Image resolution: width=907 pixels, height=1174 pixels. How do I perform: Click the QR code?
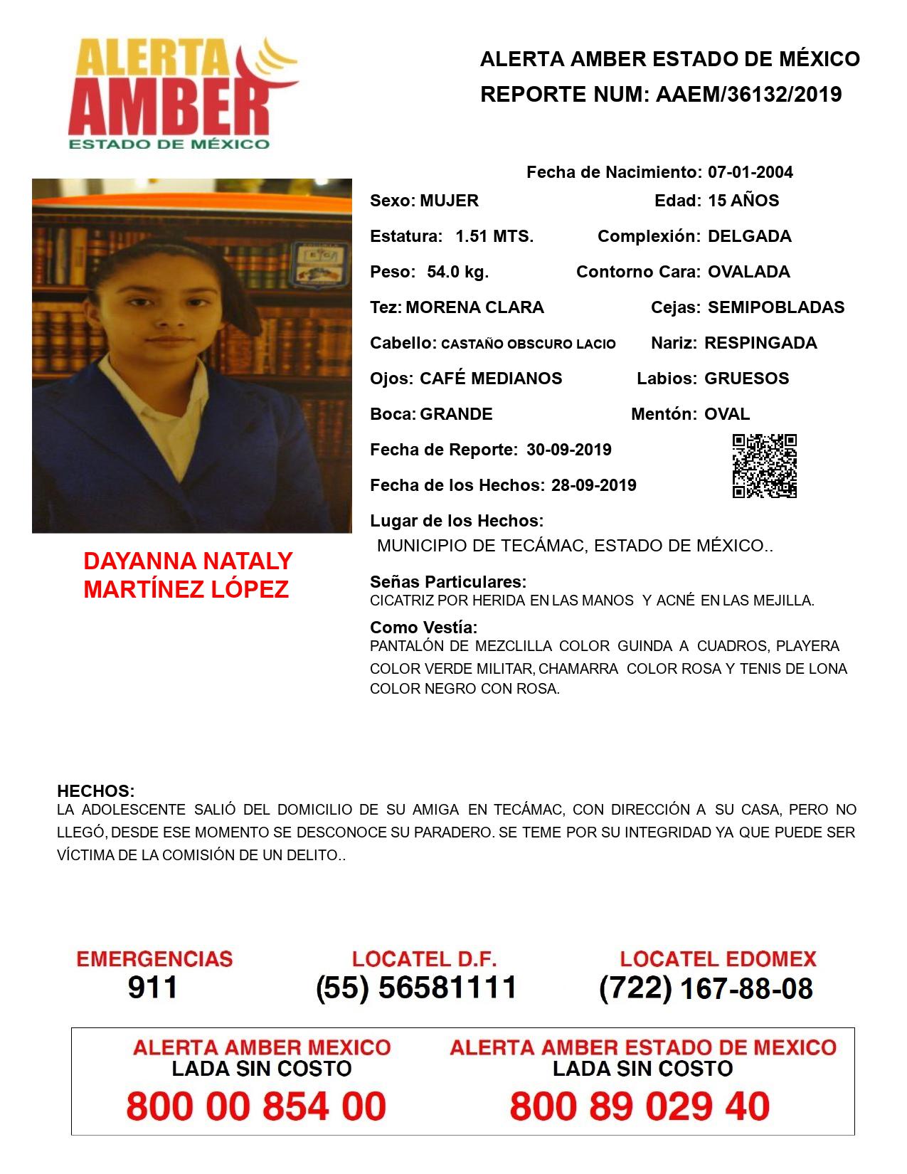click(765, 466)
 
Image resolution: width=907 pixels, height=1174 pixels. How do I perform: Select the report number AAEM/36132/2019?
click(748, 94)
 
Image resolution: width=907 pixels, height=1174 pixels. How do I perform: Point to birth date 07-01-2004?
click(750, 172)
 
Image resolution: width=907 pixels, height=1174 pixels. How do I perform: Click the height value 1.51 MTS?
click(494, 236)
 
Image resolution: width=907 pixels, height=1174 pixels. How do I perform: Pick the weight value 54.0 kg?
click(457, 272)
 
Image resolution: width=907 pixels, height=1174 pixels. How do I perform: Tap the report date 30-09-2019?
click(569, 450)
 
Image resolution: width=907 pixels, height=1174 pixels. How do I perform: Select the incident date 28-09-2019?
click(593, 485)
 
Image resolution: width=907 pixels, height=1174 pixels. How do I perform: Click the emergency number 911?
click(153, 988)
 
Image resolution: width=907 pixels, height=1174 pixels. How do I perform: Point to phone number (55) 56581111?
click(416, 988)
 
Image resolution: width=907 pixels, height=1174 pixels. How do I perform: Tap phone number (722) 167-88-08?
click(706, 988)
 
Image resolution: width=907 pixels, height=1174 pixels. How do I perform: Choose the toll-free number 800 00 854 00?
click(256, 1106)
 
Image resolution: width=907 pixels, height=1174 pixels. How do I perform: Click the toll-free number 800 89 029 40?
click(640, 1106)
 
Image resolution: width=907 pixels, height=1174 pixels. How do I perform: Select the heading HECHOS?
click(96, 791)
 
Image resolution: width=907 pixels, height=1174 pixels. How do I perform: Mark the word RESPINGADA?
click(760, 343)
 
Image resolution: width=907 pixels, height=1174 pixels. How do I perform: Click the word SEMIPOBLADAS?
click(776, 307)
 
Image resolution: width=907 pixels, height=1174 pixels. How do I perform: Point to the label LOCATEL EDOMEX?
click(718, 958)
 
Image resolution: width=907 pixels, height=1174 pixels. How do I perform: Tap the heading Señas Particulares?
click(448, 582)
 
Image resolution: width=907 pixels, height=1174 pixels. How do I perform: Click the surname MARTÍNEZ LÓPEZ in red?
click(186, 589)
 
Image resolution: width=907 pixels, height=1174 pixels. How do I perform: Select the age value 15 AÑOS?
click(743, 201)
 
